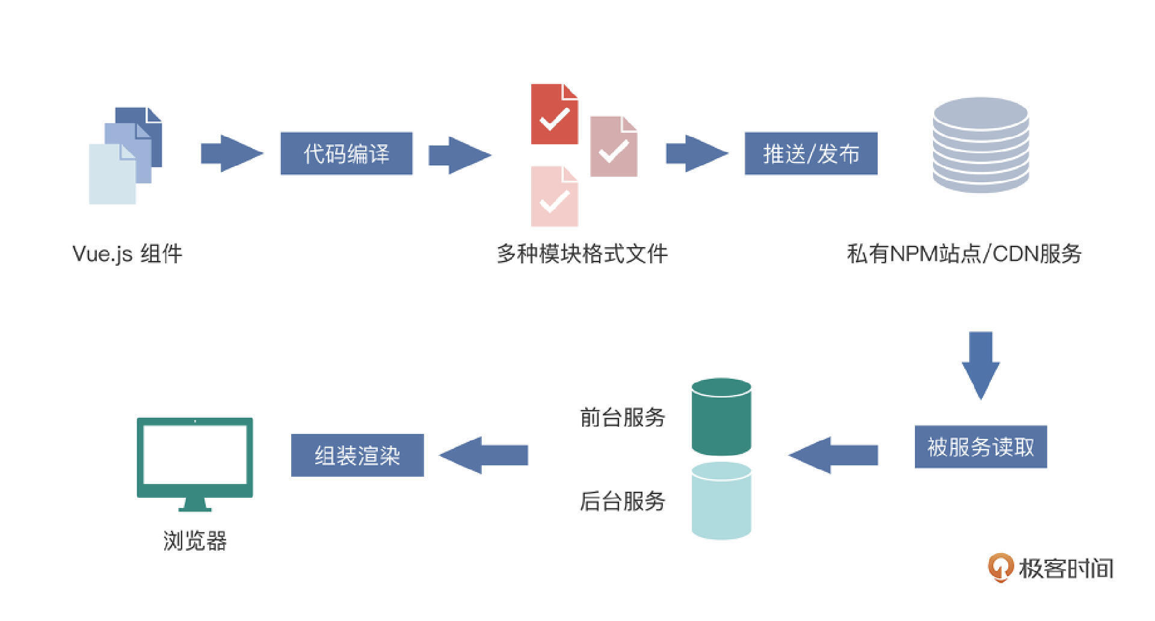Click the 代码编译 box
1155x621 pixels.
346,154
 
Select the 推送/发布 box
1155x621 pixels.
811,154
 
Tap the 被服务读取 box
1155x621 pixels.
981,447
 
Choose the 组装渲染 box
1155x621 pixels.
357,455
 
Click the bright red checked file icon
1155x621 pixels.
554,115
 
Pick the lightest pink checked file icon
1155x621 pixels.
554,197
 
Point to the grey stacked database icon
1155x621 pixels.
981,145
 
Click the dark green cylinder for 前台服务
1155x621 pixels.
721,417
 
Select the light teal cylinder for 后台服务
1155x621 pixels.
721,501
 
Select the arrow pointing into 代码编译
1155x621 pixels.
232,154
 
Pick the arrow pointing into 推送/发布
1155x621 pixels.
697,154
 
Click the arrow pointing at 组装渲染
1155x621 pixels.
484,455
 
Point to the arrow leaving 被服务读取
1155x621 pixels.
833,455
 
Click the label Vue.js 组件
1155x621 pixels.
127,254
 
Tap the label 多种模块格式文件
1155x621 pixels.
582,254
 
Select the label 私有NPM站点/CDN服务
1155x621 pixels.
964,254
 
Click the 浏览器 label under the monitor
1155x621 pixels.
195,540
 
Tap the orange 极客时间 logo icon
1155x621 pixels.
1000,567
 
